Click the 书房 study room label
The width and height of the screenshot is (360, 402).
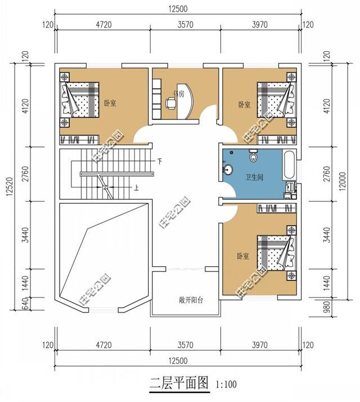click(179, 93)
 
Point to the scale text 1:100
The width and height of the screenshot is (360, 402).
click(226, 386)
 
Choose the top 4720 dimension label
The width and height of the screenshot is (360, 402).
click(103, 24)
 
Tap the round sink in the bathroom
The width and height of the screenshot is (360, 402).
click(229, 168)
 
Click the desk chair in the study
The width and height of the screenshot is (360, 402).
click(170, 102)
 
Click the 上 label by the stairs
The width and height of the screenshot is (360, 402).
click(136, 187)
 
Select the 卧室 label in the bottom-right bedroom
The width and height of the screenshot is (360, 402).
click(242, 256)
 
